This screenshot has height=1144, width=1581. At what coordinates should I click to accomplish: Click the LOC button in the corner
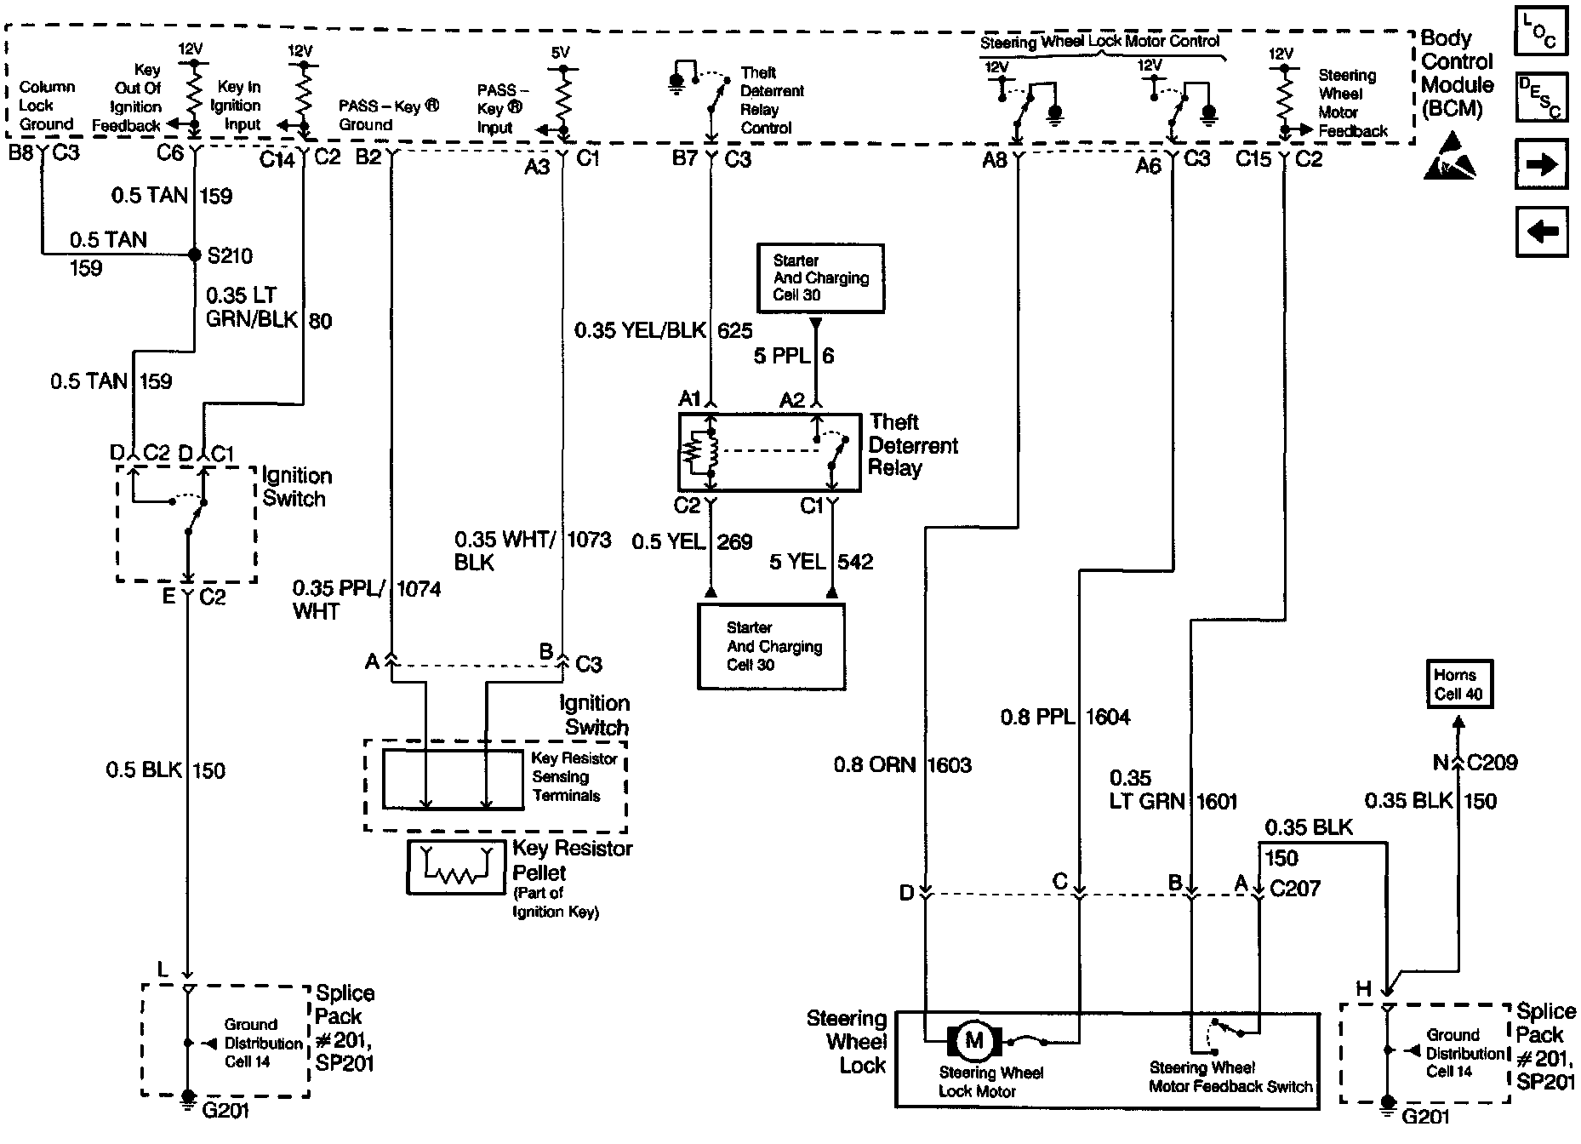click(1541, 31)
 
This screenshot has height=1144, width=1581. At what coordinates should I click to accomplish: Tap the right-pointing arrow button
click(1541, 163)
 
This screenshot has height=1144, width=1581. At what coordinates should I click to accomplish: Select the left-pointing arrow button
click(1541, 231)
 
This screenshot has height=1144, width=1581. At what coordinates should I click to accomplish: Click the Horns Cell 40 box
click(1458, 684)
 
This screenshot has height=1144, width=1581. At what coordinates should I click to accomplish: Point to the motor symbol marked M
click(973, 1040)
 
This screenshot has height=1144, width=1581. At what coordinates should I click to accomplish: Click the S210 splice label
click(230, 255)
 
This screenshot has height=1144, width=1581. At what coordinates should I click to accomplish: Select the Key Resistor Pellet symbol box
click(456, 867)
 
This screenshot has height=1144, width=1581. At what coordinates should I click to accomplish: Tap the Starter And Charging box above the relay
click(820, 277)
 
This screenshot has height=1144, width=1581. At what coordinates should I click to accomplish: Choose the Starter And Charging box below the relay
click(771, 646)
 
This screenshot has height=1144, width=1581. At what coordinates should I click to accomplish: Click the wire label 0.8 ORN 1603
click(903, 765)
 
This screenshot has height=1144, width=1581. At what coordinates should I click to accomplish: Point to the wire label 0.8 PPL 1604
click(1065, 718)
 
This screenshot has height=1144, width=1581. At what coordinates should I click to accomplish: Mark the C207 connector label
click(1294, 889)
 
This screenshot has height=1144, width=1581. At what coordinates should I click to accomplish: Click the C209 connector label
click(1493, 763)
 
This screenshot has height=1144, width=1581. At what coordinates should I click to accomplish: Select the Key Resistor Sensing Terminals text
click(574, 777)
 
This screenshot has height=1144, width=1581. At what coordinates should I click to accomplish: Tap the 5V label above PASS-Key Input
click(560, 53)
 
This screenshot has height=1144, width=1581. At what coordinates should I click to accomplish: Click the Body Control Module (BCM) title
click(1458, 74)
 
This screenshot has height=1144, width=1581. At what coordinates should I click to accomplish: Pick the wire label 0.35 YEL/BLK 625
click(664, 330)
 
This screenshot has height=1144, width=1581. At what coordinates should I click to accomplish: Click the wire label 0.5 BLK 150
click(166, 770)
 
